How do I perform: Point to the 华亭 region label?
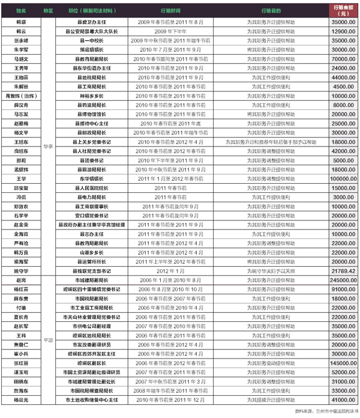pyautogui.click(x=48, y=145)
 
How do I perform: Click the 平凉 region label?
pyautogui.click(x=48, y=339)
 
